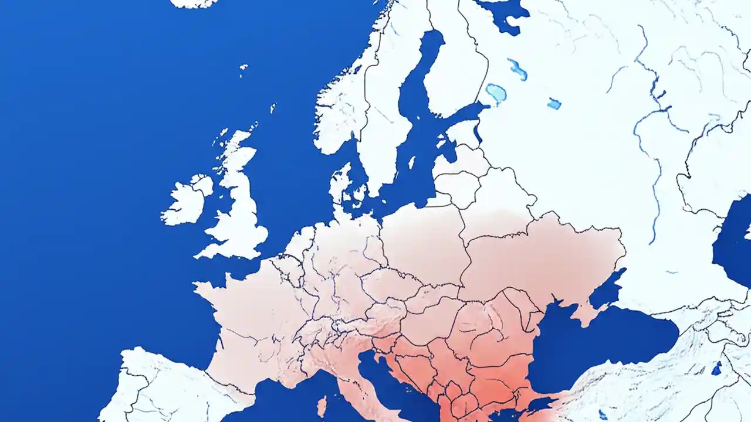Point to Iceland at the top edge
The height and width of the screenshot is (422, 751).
(194, 3)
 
